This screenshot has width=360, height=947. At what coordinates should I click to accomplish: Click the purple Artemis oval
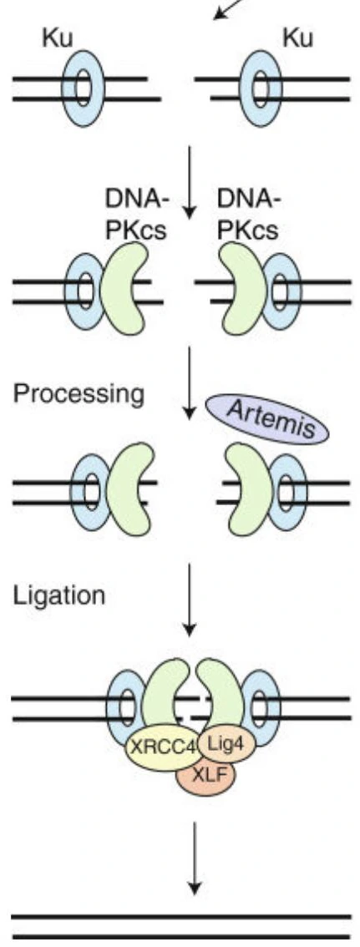tap(267, 420)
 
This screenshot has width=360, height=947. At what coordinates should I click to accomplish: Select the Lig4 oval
tap(225, 743)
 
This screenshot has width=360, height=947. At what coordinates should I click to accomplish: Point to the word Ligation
tap(59, 595)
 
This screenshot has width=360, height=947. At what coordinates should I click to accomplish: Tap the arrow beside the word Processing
tap(190, 382)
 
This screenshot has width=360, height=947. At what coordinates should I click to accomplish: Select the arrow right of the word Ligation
tap(190, 599)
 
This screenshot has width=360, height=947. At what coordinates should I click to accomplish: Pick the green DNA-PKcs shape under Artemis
tap(248, 489)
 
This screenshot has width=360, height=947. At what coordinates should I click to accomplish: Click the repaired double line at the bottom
tap(181, 926)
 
